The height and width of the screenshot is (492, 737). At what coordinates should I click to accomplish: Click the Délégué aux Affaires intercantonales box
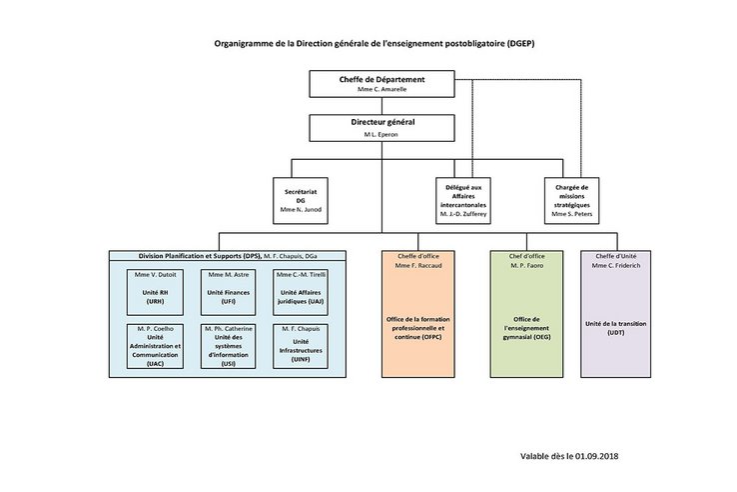(462, 198)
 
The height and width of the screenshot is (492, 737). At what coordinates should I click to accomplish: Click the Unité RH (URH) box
(154, 290)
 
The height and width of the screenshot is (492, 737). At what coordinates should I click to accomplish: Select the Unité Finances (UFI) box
(228, 290)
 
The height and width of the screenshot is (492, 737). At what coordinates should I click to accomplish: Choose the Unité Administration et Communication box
(154, 346)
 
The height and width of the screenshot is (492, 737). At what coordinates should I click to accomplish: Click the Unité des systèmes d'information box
(228, 346)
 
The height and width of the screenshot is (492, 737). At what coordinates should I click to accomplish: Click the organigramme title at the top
(368, 45)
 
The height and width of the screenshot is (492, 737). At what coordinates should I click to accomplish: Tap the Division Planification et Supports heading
(176, 256)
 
